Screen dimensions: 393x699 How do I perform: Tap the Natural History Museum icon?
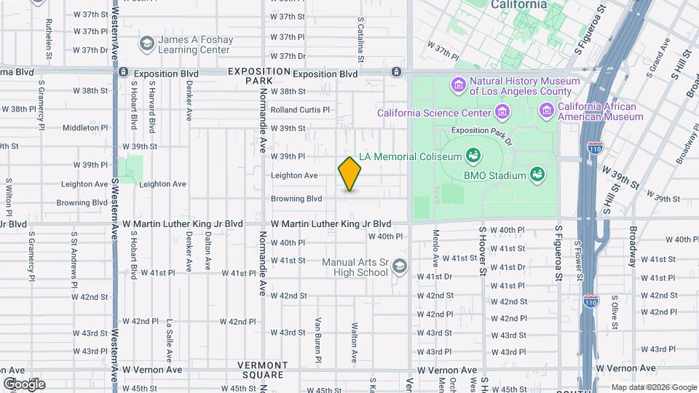pyautogui.click(x=459, y=86)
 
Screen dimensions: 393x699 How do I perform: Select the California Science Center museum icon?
pyautogui.click(x=502, y=112)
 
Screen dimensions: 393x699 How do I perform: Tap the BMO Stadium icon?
pyautogui.click(x=537, y=175)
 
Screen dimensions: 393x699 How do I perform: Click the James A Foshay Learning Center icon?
pyautogui.click(x=146, y=44)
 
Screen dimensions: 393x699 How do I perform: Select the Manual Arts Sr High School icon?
pyautogui.click(x=399, y=267)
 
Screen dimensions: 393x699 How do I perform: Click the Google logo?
pyautogui.click(x=23, y=384)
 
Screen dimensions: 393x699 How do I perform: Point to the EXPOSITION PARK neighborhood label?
pyautogui.click(x=259, y=75)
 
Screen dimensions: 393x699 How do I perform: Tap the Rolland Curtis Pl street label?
pyautogui.click(x=300, y=110)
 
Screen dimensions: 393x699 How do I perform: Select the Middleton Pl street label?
pyautogui.click(x=84, y=127)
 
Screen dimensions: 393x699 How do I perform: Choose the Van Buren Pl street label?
pyautogui.click(x=318, y=340)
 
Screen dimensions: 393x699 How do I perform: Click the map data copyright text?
pyautogui.click(x=653, y=387)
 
